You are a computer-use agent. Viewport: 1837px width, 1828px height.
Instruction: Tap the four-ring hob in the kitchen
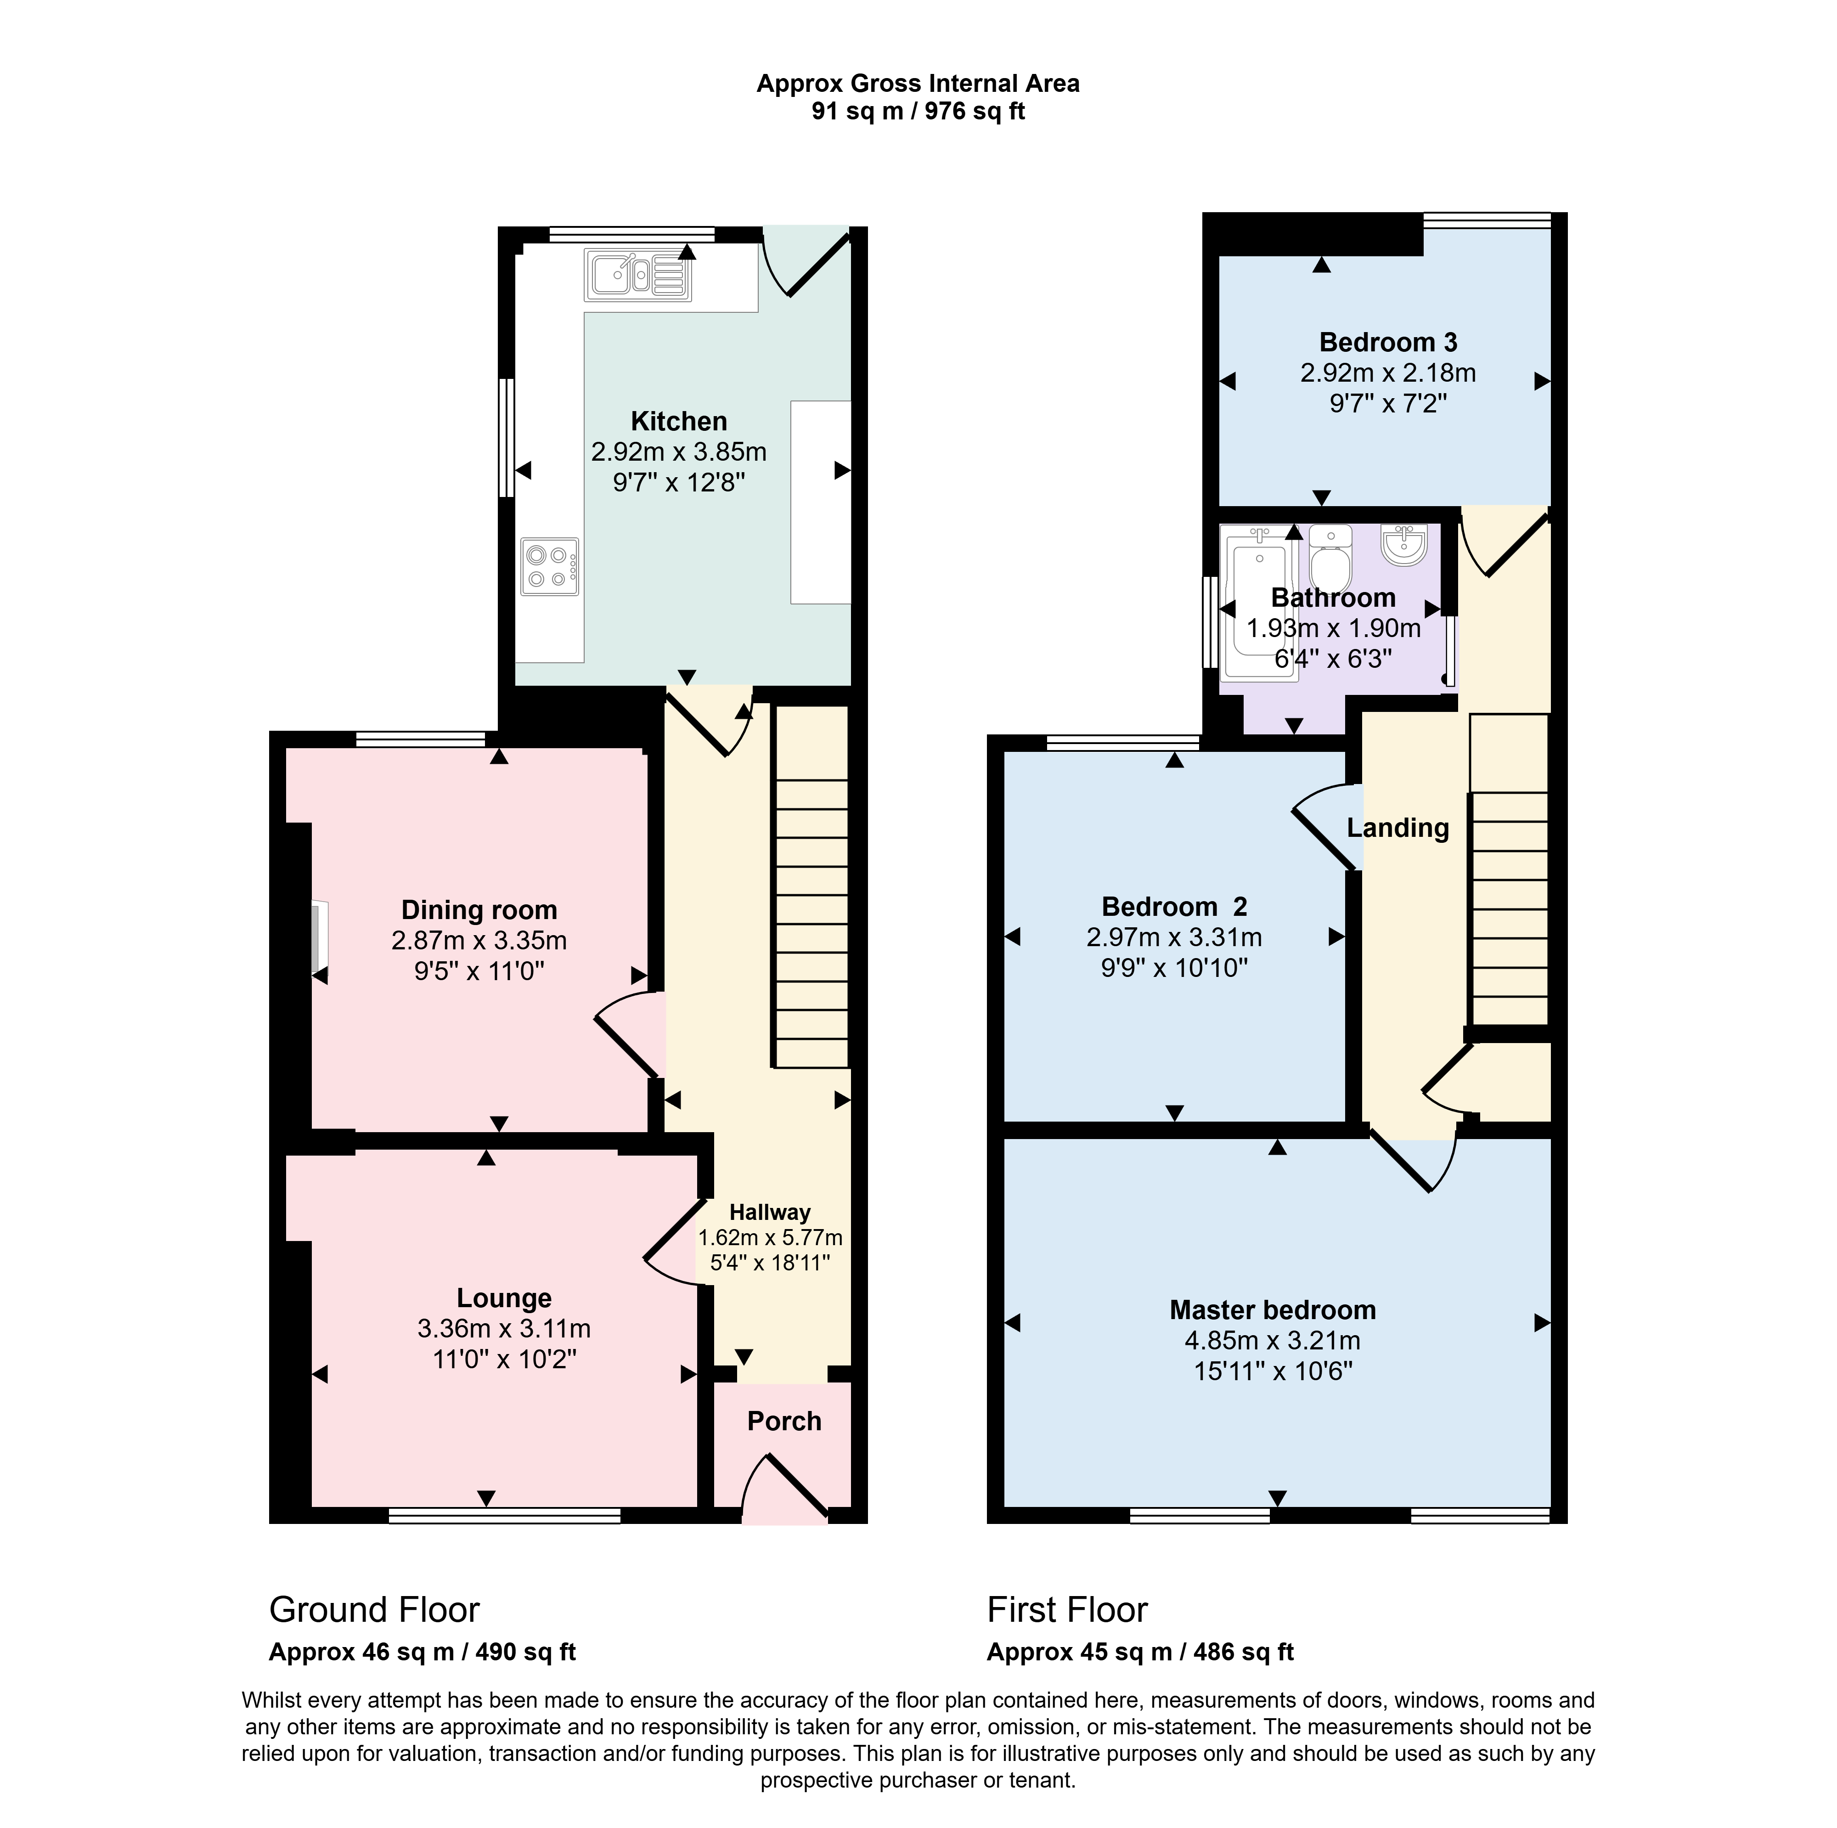[550, 567]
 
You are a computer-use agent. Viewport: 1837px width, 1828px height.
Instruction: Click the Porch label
[783, 1421]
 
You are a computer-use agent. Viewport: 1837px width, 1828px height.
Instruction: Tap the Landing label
[1397, 828]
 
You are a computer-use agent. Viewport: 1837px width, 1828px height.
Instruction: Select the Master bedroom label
[1272, 1309]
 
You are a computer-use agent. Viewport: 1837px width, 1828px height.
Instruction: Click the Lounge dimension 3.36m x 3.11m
[504, 1329]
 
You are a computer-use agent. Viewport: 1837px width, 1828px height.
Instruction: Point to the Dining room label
[479, 910]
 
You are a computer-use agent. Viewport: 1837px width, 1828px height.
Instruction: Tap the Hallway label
[770, 1212]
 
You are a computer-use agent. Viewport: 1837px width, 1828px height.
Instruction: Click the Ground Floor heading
[375, 1609]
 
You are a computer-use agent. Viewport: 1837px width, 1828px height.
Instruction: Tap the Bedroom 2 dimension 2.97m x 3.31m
[1174, 938]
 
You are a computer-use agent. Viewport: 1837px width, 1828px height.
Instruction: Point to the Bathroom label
[1333, 597]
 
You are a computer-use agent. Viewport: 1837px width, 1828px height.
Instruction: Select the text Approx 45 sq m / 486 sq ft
[1140, 1652]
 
